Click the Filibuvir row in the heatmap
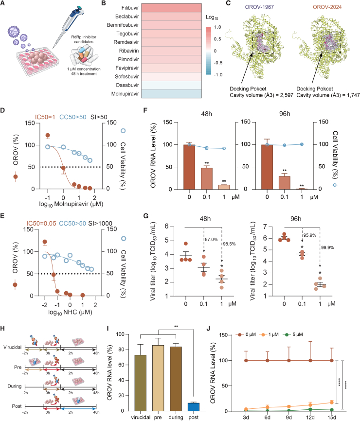[x=171, y=8]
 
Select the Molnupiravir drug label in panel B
[x=125, y=94]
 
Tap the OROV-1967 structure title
[x=259, y=7]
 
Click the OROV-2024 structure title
[x=327, y=7]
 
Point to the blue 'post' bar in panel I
[x=194, y=407]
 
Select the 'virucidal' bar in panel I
[x=141, y=383]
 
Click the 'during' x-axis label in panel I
[x=176, y=417]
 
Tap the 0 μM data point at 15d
[x=331, y=361]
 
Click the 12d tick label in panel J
[x=310, y=417]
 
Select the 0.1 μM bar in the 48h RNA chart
[x=207, y=178]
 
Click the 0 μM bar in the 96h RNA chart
[x=267, y=167]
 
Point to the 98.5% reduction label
[x=229, y=244]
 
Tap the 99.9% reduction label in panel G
[x=327, y=247]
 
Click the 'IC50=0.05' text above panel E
[x=41, y=224]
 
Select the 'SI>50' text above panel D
[x=99, y=117]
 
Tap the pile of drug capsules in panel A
[x=84, y=55]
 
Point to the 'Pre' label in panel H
[x=18, y=367]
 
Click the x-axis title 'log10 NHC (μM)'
[x=70, y=312]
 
